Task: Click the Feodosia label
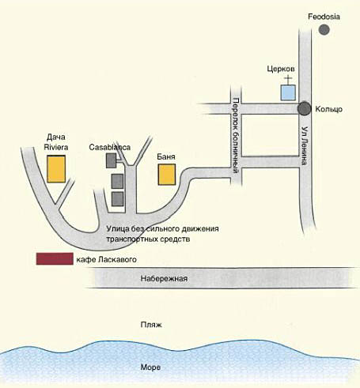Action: pos(324,17)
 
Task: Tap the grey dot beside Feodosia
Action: pos(324,29)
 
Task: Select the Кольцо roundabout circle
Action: pos(305,108)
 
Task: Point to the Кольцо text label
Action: pos(329,109)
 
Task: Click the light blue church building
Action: pos(288,92)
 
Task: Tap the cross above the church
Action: pos(289,79)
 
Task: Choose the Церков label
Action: pos(281,69)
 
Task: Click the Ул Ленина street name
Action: pos(305,145)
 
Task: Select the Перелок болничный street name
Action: pos(237,136)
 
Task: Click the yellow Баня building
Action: pos(167,175)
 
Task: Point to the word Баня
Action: pos(166,156)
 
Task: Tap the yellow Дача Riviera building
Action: pos(56,169)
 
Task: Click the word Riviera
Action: pos(56,147)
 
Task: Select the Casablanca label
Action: pos(110,147)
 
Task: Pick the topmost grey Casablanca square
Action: pos(112,160)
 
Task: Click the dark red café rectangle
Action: pos(55,258)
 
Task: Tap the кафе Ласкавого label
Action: pos(107,260)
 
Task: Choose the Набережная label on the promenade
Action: pos(164,278)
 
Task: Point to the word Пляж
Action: pos(151,325)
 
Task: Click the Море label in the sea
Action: pos(150,367)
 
